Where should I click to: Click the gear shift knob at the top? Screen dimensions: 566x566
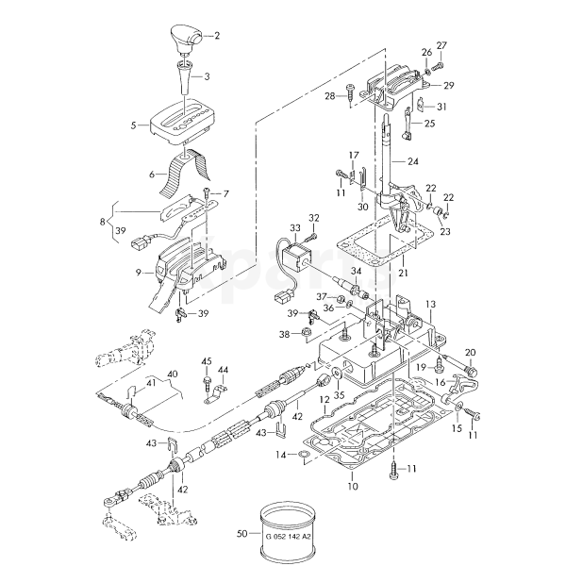point(186,39)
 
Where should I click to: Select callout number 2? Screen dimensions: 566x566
point(217,36)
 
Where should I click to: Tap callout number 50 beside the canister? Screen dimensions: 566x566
point(242,533)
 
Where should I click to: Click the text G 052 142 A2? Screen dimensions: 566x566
point(288,537)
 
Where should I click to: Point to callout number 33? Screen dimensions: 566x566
point(295,228)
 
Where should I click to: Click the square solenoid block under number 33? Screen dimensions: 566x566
point(294,258)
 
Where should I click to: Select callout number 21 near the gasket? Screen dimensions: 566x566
point(403,273)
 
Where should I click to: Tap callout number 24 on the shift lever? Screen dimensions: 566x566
point(413,161)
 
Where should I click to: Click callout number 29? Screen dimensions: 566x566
point(449,86)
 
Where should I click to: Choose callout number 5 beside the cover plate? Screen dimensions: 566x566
point(134,125)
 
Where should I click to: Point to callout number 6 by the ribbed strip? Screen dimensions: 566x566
point(152,175)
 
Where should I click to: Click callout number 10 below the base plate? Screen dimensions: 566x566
point(353,486)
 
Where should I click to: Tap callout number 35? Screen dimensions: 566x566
point(339,395)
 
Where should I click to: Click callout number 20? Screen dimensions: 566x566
point(471,352)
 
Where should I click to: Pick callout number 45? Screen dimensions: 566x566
point(207,361)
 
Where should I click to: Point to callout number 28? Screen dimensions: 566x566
point(330,96)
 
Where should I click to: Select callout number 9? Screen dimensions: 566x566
point(139,273)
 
